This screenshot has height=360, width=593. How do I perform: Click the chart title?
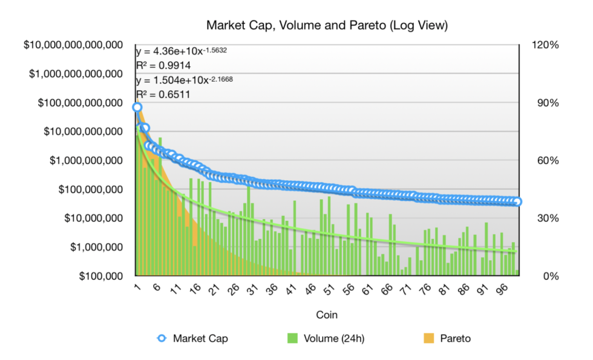coord(327,25)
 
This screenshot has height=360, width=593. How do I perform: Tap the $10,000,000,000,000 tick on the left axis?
coord(71,45)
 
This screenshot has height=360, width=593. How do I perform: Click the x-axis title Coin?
coord(327,315)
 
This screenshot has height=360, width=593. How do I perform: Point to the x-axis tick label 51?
coord(328,290)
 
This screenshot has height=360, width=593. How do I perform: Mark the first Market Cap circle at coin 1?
coord(137,107)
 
